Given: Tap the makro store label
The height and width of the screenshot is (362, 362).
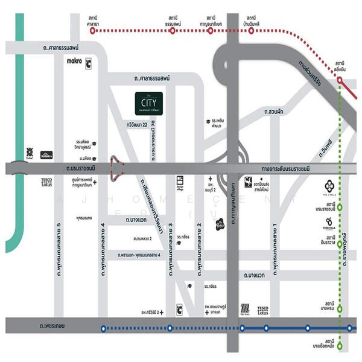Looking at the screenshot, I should pyautogui.click(x=74, y=61).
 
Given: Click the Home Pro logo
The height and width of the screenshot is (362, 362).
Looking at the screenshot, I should pyautogui.click(x=46, y=154).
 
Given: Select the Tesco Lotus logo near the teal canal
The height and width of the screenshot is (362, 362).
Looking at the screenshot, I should pyautogui.click(x=46, y=181).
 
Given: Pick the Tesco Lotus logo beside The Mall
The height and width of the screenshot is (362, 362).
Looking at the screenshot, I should pyautogui.click(x=262, y=310).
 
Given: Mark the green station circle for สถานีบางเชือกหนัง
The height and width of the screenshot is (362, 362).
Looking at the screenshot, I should pyautogui.click(x=340, y=346).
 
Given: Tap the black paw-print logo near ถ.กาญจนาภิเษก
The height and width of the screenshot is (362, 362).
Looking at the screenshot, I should pyautogui.click(x=220, y=223).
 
